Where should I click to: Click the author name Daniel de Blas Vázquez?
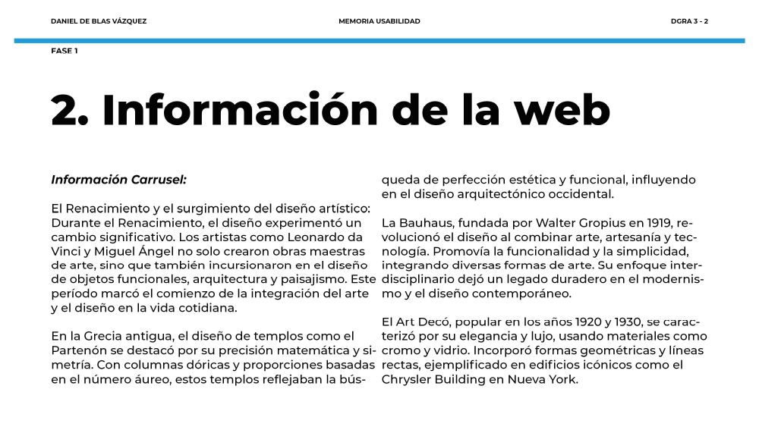(99, 21)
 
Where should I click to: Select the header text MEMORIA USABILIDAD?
(379, 21)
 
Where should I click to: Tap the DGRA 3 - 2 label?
(689, 21)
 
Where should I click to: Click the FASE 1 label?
(65, 51)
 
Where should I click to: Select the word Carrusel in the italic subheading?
(159, 180)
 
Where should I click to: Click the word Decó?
(432, 322)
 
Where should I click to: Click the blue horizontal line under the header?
(379, 40)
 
